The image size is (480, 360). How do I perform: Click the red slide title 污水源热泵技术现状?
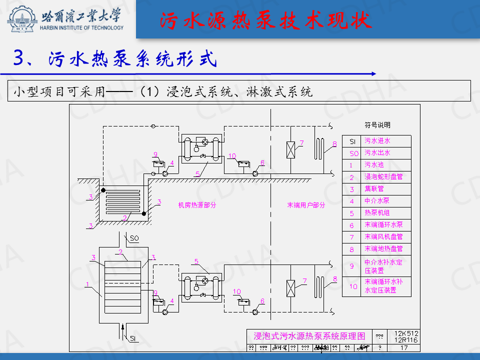tap(266, 20)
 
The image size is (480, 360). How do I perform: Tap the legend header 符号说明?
tap(377, 125)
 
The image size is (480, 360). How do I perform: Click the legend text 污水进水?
tap(377, 141)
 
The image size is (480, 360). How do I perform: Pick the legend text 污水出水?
tap(377, 153)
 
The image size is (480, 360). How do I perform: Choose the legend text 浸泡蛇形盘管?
tap(383, 177)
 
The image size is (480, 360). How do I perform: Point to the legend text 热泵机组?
tap(377, 212)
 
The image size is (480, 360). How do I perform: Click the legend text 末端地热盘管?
tap(383, 248)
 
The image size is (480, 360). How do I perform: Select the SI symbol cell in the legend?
tap(352, 141)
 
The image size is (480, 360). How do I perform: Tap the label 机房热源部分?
tap(197, 205)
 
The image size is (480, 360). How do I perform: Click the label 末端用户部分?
tap(306, 205)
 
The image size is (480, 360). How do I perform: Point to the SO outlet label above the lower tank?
tap(134, 238)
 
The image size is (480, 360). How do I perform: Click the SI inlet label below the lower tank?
tap(133, 339)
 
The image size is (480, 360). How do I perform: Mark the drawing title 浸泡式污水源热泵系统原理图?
tap(309, 336)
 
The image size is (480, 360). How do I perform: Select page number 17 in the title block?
tap(404, 348)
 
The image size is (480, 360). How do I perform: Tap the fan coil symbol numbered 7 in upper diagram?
tap(290, 150)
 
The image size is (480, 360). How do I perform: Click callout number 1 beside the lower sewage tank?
tap(87, 285)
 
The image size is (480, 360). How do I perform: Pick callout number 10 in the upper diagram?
tap(231, 156)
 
